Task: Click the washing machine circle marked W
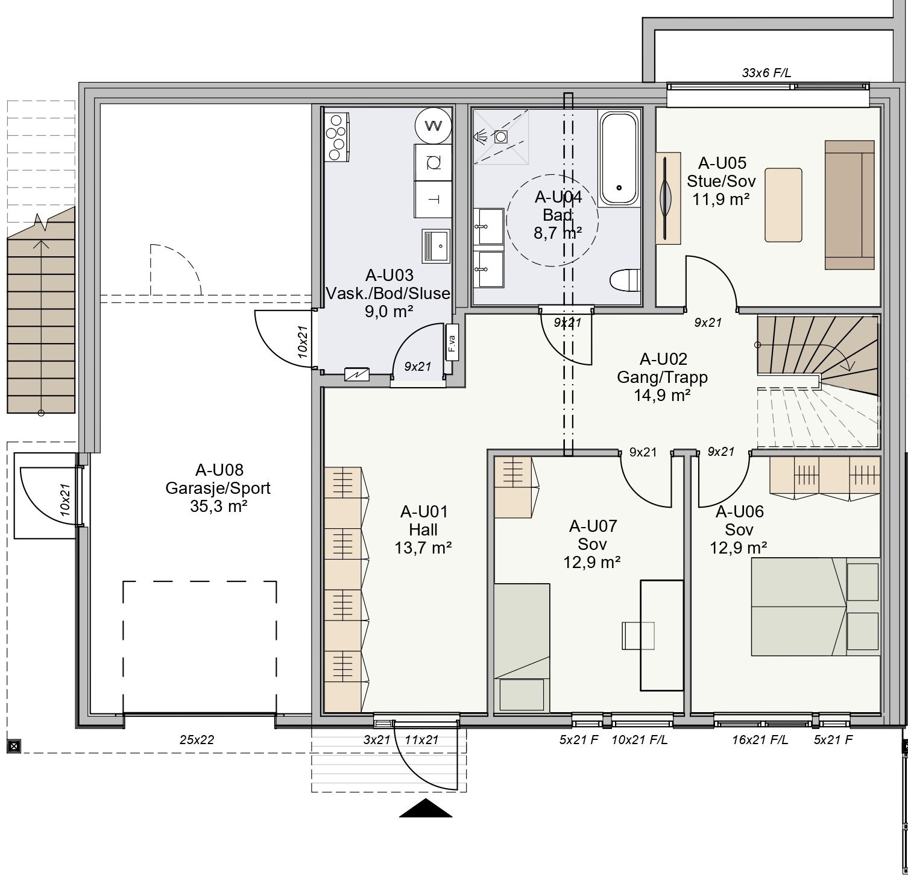click(433, 125)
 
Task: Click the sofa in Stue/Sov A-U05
click(850, 205)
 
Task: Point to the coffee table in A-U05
click(783, 205)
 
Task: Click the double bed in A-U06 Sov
click(815, 606)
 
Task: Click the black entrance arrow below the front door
click(426, 807)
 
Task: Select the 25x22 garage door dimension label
click(197, 740)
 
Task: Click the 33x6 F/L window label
click(766, 73)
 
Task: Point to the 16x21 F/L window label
click(760, 740)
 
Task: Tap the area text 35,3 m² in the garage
click(218, 506)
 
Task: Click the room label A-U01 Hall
click(424, 521)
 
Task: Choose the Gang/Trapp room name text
click(663, 377)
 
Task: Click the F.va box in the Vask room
click(451, 343)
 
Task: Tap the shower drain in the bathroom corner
click(500, 136)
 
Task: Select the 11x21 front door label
click(421, 740)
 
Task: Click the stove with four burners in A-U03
click(336, 137)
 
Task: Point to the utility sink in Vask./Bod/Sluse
click(436, 246)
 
